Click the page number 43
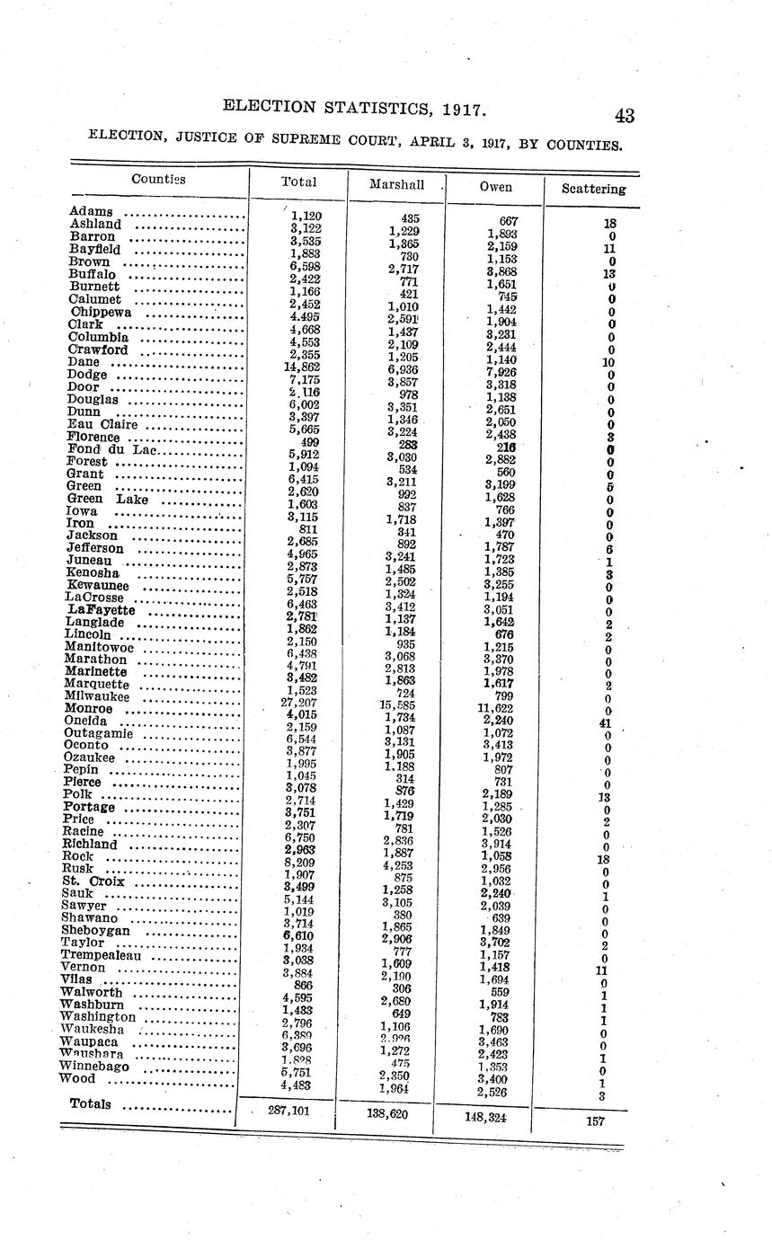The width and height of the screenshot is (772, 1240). [625, 116]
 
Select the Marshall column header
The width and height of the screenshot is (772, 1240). [396, 184]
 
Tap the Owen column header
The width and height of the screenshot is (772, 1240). [495, 187]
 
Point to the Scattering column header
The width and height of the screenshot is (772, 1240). [593, 189]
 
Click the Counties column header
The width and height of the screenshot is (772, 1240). [158, 179]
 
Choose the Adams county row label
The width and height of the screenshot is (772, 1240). [91, 212]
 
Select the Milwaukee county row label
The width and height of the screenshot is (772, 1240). [97, 696]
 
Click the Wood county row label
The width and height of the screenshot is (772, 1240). [81, 1078]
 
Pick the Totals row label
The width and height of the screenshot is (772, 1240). [90, 1103]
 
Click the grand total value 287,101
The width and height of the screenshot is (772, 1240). [289, 1111]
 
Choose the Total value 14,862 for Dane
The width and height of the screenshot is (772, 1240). [302, 367]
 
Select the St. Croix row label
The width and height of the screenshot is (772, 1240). [93, 881]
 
